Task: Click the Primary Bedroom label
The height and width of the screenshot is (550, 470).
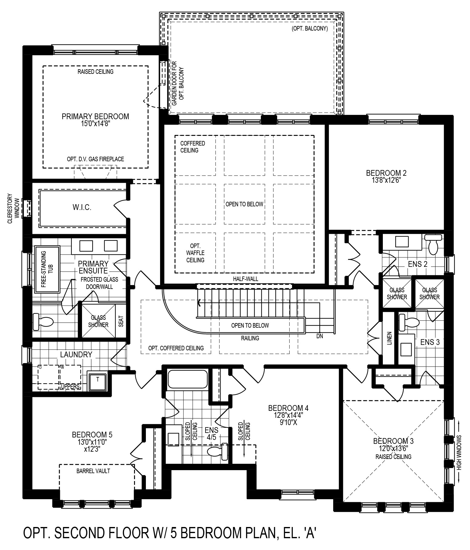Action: point(95,116)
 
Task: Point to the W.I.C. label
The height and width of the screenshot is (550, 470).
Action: point(82,207)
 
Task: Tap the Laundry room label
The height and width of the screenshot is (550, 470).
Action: point(76,355)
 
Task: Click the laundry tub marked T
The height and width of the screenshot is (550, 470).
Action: point(97,380)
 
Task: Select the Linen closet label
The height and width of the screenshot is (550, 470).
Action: point(389,338)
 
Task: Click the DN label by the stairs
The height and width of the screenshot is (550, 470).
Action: point(320,336)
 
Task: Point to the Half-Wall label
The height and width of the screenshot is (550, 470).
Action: point(245,279)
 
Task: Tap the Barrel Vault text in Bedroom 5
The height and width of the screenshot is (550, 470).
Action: point(93,471)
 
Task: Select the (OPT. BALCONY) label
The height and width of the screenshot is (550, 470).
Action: point(310,29)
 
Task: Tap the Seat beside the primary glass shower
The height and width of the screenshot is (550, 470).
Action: point(121,321)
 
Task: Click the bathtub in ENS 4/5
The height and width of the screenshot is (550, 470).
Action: point(188,379)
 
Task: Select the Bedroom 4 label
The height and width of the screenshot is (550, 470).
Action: point(288,408)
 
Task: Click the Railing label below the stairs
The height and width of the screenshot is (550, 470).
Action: point(250,338)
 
